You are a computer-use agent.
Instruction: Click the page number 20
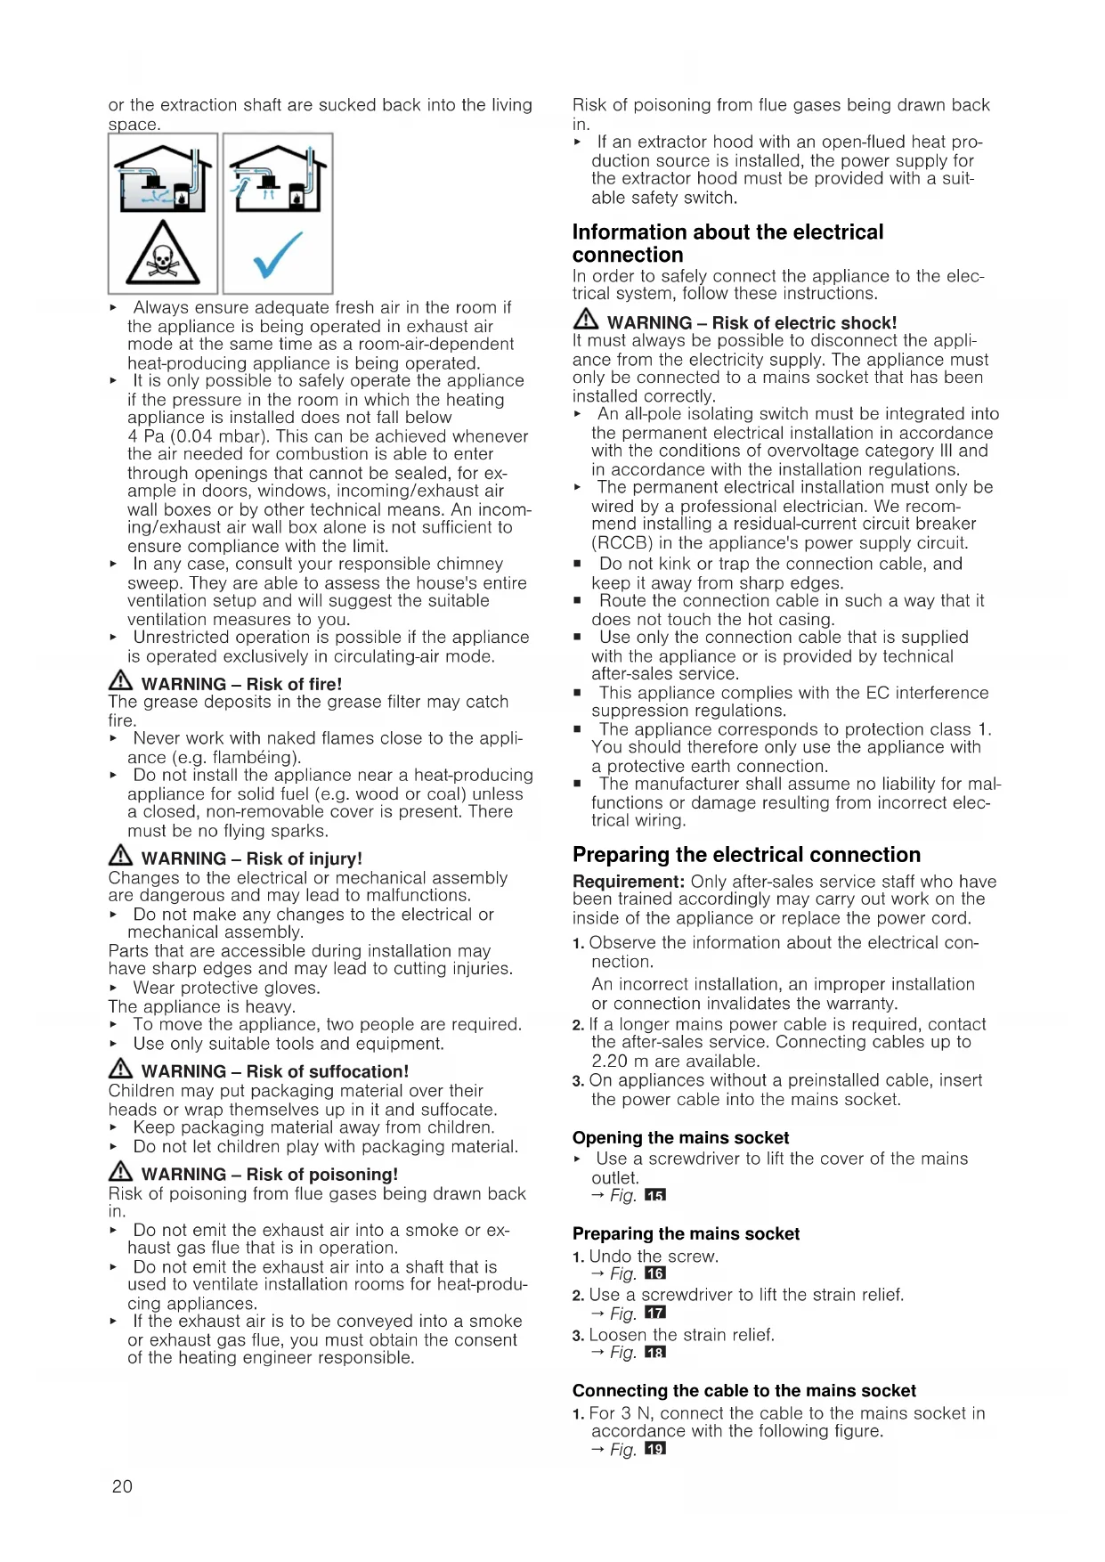[122, 1485]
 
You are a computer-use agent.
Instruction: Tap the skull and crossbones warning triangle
[163, 256]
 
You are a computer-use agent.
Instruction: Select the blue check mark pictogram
[277, 256]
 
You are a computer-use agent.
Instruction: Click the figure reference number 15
[655, 1195]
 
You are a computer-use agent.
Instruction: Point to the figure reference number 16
[655, 1273]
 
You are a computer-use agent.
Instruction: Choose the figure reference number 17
[655, 1313]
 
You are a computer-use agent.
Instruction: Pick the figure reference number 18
[655, 1352]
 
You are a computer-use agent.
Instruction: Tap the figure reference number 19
[655, 1449]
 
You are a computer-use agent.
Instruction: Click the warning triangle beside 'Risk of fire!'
[120, 682]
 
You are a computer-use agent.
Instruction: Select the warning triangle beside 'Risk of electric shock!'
[585, 321]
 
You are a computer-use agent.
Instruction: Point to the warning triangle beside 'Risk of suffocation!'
[120, 1070]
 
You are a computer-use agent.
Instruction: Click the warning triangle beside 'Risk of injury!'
[120, 857]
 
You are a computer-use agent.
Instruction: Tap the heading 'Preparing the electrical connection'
[746, 855]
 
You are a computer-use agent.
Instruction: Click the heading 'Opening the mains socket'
[680, 1137]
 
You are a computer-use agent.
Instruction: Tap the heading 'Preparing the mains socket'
[686, 1233]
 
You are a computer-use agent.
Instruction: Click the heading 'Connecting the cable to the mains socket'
[743, 1390]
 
